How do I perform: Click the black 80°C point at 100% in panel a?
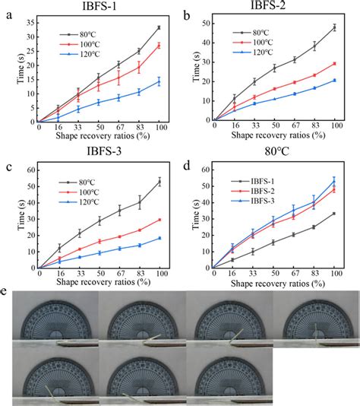(159, 27)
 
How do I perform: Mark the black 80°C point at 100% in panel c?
(159, 181)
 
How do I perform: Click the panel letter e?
(5, 292)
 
